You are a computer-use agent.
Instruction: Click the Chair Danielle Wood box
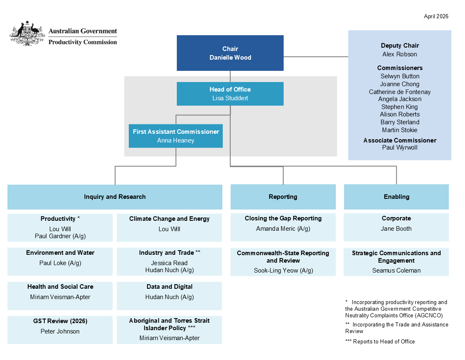click(x=230, y=53)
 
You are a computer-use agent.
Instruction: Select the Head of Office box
click(x=230, y=94)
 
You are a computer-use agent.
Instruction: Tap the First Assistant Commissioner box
click(x=176, y=136)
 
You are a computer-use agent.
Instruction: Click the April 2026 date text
click(x=436, y=17)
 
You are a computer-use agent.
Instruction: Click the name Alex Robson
click(x=400, y=54)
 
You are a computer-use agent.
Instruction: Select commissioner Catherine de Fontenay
click(x=400, y=92)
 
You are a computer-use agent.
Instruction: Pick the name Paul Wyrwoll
click(x=400, y=147)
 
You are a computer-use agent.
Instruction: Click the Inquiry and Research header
click(x=115, y=197)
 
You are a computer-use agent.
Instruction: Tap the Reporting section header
click(x=283, y=197)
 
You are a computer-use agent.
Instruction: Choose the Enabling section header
click(x=396, y=197)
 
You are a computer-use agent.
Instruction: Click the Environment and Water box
click(x=60, y=261)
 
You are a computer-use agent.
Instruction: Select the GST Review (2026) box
click(x=60, y=329)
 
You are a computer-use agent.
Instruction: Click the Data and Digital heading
click(x=169, y=287)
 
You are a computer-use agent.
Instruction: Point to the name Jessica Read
click(x=169, y=263)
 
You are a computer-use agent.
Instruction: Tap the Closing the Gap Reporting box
click(x=283, y=227)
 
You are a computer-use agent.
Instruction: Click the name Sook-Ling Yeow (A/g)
click(x=283, y=271)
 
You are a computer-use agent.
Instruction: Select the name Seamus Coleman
click(x=396, y=271)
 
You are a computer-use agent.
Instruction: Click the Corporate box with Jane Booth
click(x=396, y=227)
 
